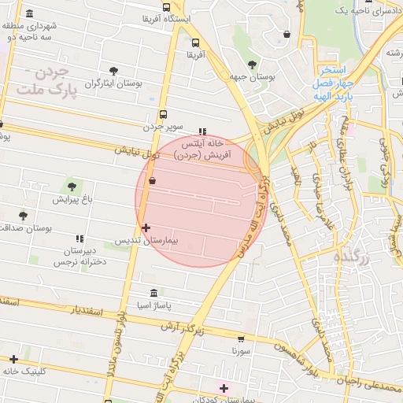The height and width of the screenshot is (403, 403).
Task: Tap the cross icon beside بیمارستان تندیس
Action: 145,227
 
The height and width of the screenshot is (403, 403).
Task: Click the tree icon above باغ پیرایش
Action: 72,187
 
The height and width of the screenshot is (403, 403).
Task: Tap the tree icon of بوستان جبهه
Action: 252,65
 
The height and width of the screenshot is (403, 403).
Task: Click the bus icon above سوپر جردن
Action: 163,114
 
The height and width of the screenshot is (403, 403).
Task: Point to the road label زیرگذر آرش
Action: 183,327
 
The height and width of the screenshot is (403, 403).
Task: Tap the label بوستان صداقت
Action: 27,227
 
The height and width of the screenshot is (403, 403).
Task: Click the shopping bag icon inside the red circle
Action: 152,181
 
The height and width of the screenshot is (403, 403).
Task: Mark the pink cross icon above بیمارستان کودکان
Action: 224,388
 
